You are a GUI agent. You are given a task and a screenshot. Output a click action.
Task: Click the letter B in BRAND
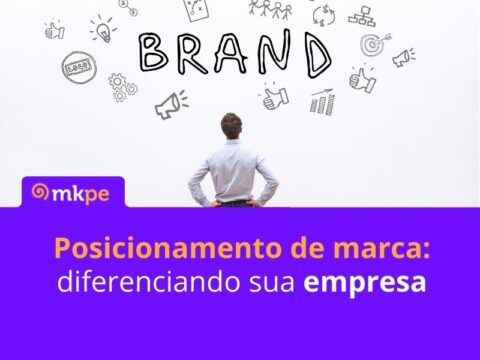(158, 49)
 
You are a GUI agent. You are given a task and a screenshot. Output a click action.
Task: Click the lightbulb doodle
(102, 30)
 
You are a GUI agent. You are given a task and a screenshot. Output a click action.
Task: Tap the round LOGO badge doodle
(75, 69)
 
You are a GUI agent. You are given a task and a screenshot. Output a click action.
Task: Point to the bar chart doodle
(322, 101)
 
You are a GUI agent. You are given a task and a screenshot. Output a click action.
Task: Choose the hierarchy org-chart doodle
(363, 15)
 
